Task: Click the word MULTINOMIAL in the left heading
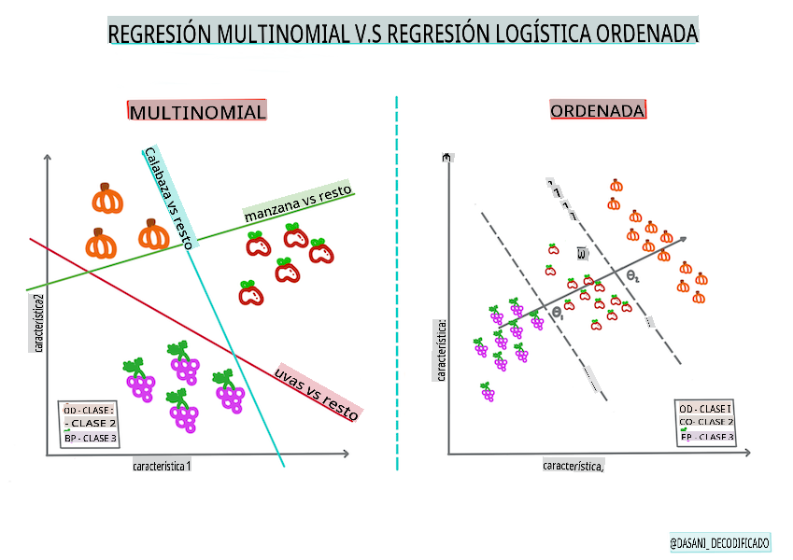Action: point(198,112)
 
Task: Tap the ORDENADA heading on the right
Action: point(598,111)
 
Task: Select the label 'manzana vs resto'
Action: point(298,203)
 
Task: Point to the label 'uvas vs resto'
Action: point(318,392)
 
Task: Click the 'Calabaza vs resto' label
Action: point(169,197)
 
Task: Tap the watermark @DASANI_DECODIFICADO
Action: point(719,542)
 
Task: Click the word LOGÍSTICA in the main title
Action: point(526,35)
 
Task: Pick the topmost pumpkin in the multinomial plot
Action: point(108,198)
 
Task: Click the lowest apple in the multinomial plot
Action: point(250,294)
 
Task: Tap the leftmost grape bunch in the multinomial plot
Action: point(139,378)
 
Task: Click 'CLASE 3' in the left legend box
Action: point(95,438)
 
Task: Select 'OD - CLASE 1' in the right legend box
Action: point(705,410)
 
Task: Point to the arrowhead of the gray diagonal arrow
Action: point(685,238)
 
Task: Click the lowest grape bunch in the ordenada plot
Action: point(487,392)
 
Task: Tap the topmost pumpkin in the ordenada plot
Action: point(616,185)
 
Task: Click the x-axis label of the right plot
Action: point(573,465)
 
